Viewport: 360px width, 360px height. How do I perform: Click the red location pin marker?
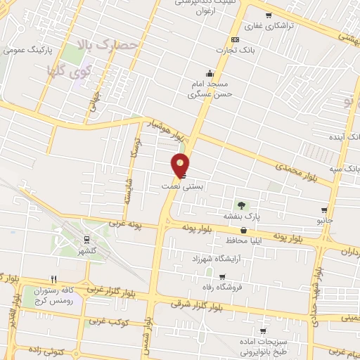tap(181, 165)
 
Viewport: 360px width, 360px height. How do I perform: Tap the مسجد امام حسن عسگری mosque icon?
tap(210, 73)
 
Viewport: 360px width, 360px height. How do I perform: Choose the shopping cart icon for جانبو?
tap(323, 210)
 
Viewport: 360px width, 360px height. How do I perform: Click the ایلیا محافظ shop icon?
tap(243, 230)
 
